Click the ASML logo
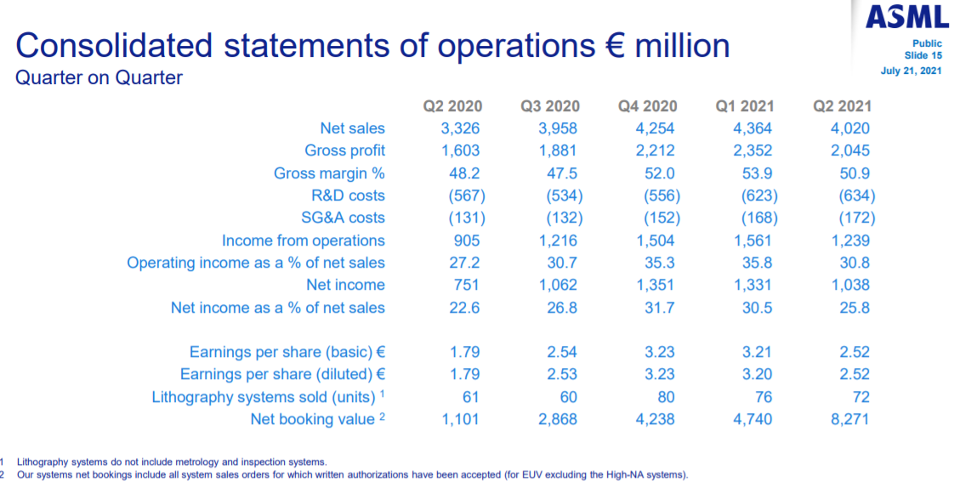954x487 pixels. [x=906, y=17]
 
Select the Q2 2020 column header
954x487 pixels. [x=452, y=106]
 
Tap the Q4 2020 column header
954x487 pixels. [x=648, y=106]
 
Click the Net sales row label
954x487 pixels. [x=352, y=128]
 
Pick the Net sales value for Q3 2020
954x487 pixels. [x=558, y=128]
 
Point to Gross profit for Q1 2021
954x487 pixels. [x=752, y=150]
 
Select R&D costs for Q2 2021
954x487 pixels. [x=855, y=195]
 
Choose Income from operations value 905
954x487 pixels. [x=464, y=241]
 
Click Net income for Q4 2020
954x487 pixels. [x=656, y=285]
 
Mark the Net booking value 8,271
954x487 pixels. [x=850, y=419]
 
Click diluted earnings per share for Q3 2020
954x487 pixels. [x=558, y=374]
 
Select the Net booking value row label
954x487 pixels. [x=312, y=419]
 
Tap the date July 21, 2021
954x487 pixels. [x=911, y=71]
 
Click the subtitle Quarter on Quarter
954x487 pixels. [x=99, y=78]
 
